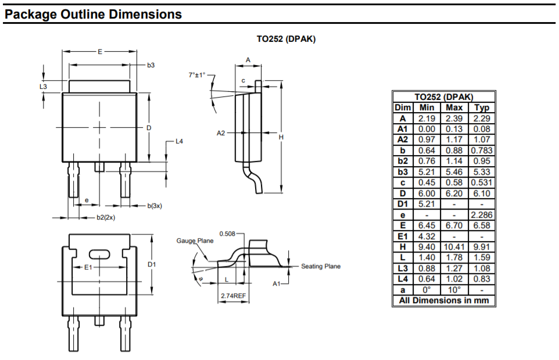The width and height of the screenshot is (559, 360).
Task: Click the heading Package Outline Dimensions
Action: coord(93,14)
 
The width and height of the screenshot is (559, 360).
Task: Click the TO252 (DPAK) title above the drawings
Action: coord(286,39)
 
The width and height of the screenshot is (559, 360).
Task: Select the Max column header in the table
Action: coord(454,107)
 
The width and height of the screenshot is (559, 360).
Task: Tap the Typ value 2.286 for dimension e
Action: coord(482,215)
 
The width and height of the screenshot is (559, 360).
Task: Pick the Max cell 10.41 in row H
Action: coord(454,247)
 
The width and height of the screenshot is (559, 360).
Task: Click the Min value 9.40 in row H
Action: coord(427,247)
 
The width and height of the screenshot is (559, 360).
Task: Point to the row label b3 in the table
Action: coord(403,172)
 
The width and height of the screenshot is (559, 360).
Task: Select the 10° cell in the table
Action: coord(454,290)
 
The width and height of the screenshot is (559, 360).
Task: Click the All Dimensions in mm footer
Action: coord(444,300)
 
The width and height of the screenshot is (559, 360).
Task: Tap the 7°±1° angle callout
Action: coord(198,75)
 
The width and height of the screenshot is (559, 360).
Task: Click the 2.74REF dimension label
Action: coord(232,296)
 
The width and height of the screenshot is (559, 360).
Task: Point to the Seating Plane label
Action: coord(321,267)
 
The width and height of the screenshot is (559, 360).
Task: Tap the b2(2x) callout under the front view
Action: coord(106,218)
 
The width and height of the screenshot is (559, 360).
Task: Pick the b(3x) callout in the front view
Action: coord(154,206)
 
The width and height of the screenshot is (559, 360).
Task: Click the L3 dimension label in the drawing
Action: coord(43,87)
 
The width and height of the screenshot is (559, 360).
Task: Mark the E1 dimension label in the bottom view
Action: coord(88,267)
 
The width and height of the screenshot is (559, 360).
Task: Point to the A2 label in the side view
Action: coord(221,133)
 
